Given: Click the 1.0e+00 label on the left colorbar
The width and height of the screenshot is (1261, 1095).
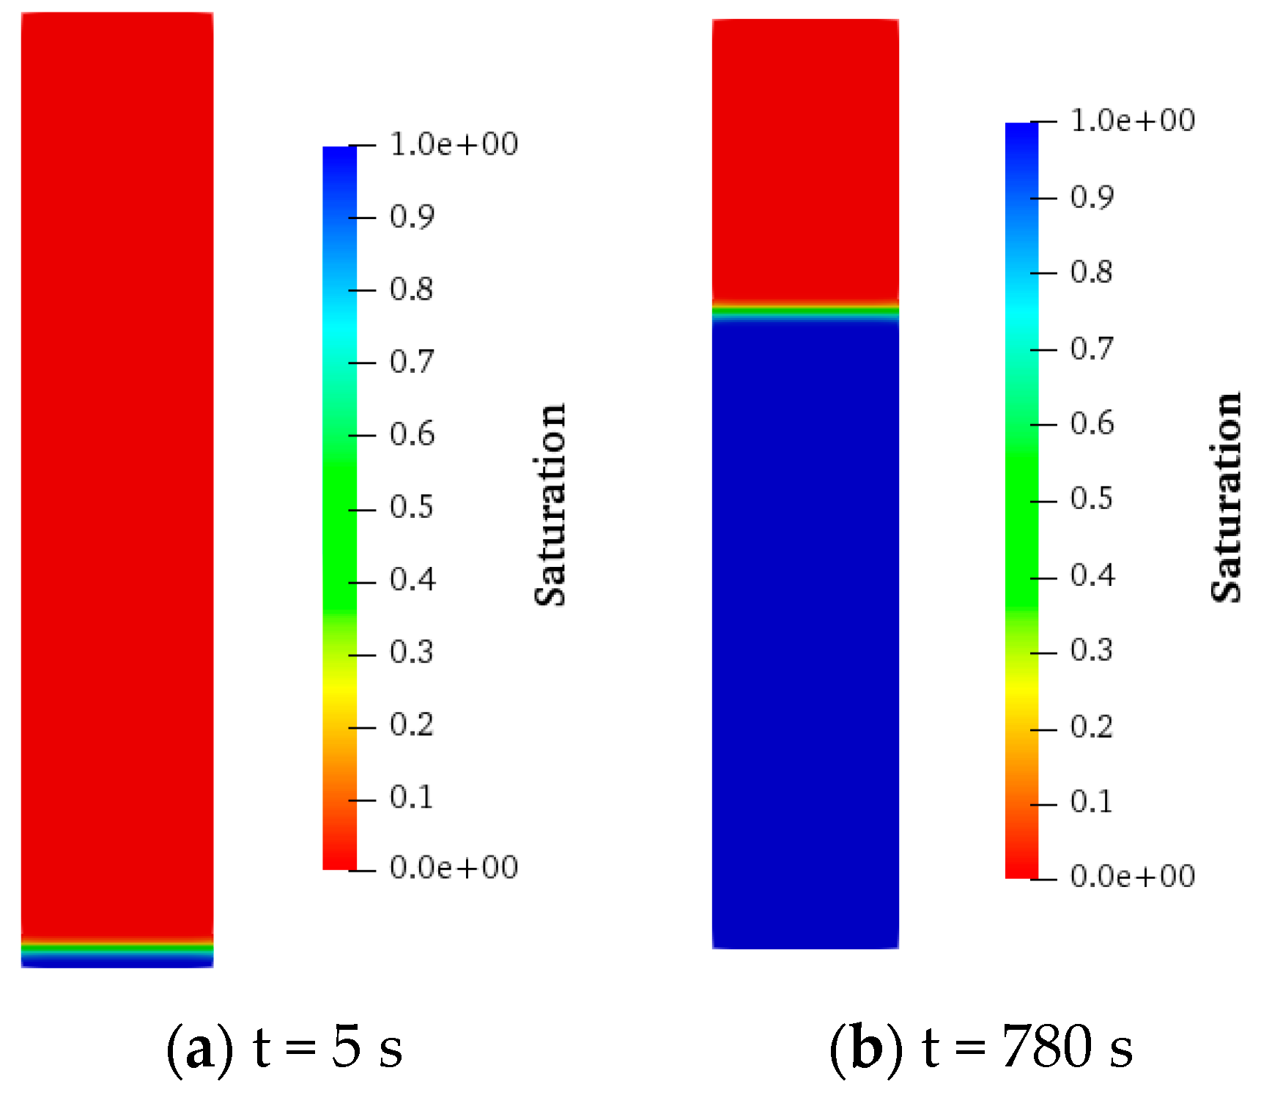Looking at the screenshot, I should (454, 144).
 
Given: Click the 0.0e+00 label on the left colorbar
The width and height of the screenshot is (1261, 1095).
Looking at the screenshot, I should (454, 867).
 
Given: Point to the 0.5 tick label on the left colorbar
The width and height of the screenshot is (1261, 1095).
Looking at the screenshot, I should (412, 507).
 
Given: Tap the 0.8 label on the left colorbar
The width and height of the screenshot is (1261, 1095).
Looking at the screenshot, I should (412, 289).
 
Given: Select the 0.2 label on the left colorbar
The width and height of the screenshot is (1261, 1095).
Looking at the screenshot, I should (412, 724).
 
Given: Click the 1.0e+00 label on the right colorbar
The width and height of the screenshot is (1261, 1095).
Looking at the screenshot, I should (1133, 120).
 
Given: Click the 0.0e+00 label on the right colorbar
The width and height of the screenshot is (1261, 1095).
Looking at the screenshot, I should (1133, 876).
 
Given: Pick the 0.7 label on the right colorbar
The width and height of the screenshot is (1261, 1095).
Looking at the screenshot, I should (1092, 349).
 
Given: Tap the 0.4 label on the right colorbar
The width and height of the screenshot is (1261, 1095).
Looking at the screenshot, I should (1092, 575).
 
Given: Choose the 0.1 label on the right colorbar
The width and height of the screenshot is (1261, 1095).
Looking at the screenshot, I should (1092, 802).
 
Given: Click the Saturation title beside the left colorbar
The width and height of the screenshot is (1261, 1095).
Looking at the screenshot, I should (550, 505).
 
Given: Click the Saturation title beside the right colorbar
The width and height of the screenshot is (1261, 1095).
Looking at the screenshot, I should (1226, 498).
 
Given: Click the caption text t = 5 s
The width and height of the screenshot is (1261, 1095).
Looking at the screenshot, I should (328, 1047).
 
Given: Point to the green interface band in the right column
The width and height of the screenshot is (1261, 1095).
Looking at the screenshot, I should (805, 312).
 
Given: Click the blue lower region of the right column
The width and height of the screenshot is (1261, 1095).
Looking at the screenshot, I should (805, 630).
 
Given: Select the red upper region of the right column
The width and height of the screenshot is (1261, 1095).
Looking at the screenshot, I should (805, 157).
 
